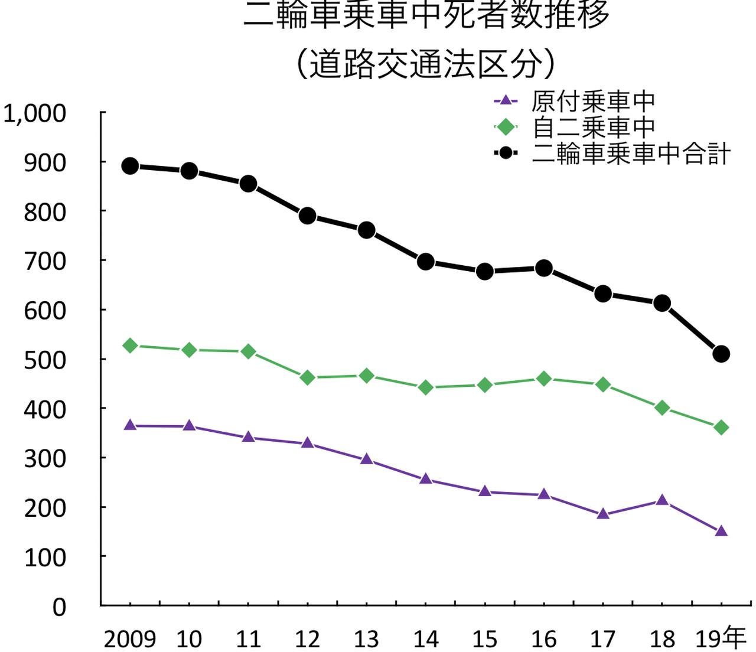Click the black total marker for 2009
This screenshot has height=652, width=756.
(130, 166)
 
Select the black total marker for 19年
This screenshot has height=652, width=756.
(721, 354)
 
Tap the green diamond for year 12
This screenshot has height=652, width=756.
(307, 377)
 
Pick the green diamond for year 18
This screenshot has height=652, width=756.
(661, 407)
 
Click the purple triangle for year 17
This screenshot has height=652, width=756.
(602, 514)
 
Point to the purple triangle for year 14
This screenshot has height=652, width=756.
(425, 479)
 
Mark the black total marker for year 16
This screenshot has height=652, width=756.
(543, 268)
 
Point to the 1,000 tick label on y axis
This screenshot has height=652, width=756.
(34, 113)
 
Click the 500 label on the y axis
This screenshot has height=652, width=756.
(45, 360)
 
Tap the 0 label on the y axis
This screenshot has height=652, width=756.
(59, 607)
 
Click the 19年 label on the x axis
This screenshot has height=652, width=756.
(721, 638)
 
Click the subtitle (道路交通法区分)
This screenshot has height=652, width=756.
(425, 64)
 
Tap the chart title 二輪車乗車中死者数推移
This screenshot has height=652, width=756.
(425, 14)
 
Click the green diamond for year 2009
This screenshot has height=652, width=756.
(130, 345)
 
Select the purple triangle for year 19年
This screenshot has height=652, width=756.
(721, 532)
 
